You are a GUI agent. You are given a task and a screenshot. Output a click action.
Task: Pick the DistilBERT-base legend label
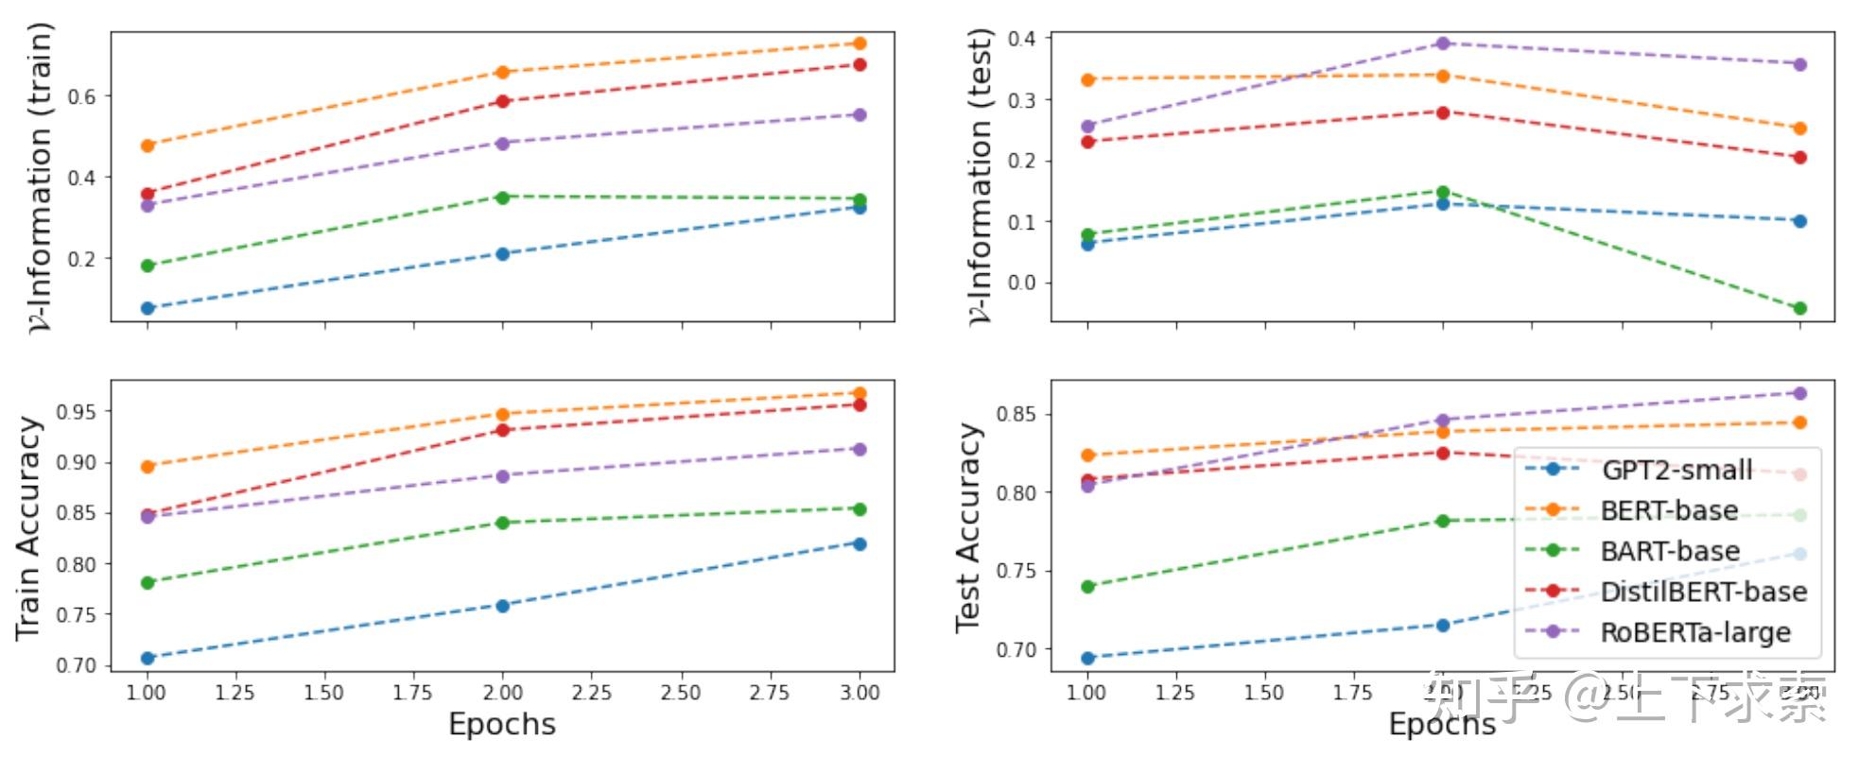tap(1703, 592)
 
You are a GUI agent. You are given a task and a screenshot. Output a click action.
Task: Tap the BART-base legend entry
tap(1669, 551)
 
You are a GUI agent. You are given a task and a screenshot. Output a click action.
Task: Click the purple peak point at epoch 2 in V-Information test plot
tap(1443, 43)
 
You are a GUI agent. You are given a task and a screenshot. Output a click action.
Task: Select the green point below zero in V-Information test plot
tap(1799, 308)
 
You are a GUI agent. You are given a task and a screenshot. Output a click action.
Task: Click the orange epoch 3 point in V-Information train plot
tap(860, 43)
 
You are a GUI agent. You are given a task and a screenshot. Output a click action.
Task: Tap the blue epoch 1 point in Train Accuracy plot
tap(148, 658)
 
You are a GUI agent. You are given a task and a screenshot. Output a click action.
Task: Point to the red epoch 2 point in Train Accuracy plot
tap(503, 430)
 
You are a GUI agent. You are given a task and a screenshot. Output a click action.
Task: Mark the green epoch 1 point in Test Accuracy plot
tap(1088, 587)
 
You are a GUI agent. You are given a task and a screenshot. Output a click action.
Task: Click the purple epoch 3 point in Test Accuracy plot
tap(1799, 393)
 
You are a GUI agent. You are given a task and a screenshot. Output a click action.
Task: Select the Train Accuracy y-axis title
tap(28, 527)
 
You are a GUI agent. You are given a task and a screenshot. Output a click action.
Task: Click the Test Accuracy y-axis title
tap(968, 527)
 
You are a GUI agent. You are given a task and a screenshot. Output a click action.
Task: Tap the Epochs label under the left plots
tap(502, 725)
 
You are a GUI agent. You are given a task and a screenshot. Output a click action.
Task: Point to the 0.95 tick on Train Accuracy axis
tap(77, 412)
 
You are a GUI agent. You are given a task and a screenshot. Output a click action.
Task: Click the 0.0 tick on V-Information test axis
tap(1021, 283)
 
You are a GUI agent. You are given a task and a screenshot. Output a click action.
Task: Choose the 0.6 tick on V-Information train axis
tap(82, 96)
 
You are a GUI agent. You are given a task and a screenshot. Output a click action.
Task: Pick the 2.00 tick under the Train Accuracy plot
tap(502, 693)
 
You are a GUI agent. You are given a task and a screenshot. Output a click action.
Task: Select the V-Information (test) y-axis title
tap(981, 178)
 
